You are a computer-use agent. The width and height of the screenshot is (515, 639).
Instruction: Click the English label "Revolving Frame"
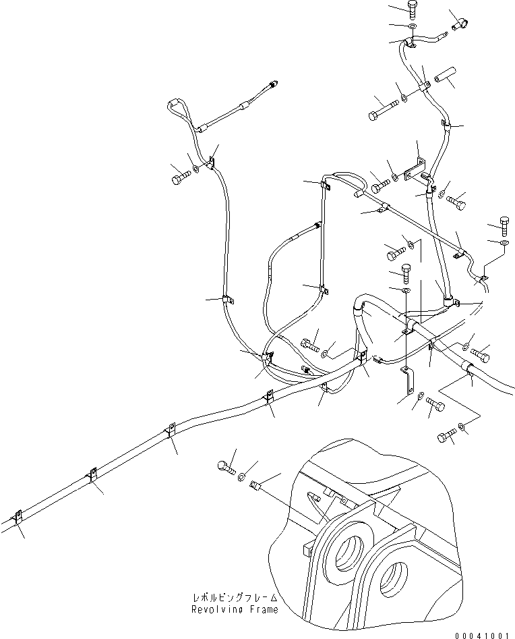[x=234, y=610]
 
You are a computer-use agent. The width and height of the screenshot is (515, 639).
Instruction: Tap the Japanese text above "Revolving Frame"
[x=234, y=598]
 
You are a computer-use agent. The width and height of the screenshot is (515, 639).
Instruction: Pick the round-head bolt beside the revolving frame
[x=224, y=465]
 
